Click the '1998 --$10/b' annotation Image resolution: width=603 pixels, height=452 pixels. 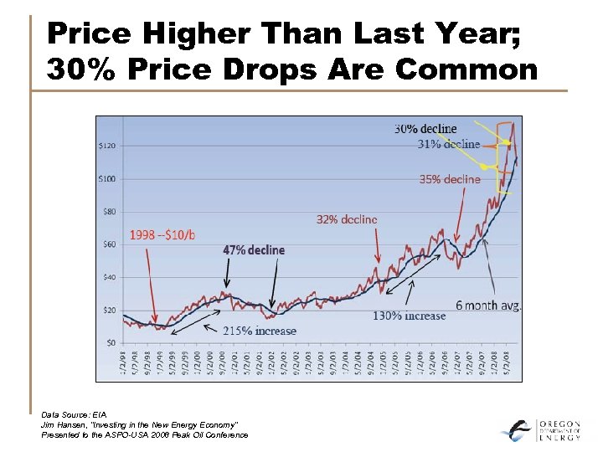[162, 235]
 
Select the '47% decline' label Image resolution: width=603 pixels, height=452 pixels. [253, 250]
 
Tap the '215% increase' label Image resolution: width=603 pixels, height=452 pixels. [259, 331]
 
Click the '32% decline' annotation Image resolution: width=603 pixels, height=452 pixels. [346, 219]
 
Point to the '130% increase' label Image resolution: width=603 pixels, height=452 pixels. [409, 316]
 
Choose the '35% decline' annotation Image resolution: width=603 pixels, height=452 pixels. [450, 179]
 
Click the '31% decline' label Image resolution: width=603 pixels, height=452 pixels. [449, 144]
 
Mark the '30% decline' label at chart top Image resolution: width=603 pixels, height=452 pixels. [425, 129]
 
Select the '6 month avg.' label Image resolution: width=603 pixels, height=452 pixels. [488, 306]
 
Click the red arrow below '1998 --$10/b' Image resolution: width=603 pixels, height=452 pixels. [151, 285]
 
